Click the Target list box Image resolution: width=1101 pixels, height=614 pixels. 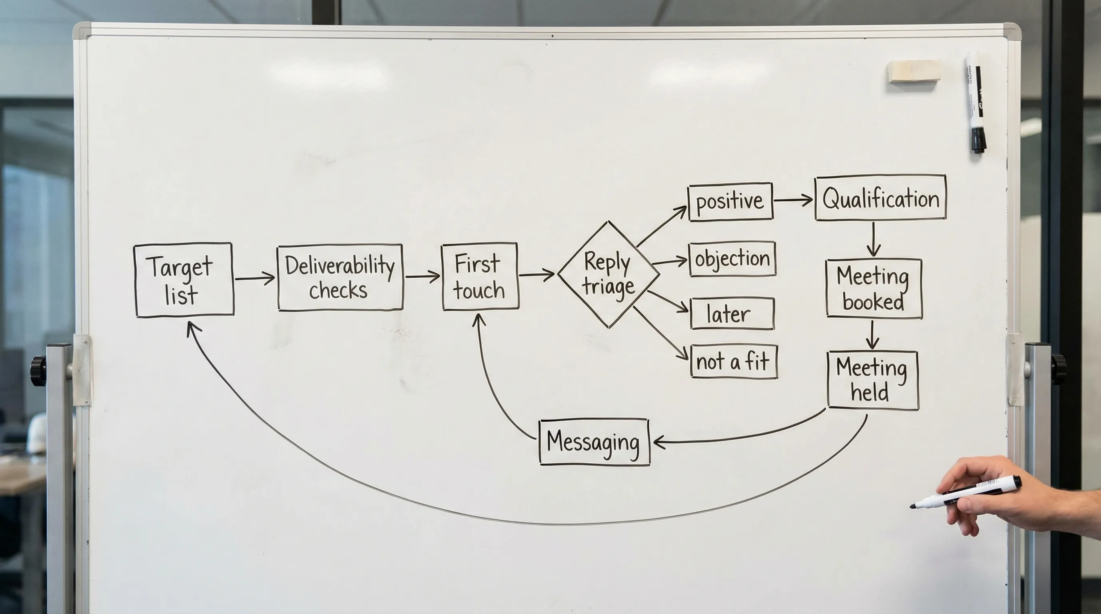tap(184, 280)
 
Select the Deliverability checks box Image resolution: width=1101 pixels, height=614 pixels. tap(340, 277)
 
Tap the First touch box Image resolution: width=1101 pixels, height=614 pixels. tap(480, 277)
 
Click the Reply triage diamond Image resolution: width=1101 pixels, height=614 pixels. tap(608, 275)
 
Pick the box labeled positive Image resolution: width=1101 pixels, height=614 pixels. tap(730, 201)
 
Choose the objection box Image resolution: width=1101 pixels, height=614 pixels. tap(732, 259)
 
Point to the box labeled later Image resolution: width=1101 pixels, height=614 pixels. tap(732, 314)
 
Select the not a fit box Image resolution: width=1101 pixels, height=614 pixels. tap(733, 362)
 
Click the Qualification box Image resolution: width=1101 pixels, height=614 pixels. tap(881, 198)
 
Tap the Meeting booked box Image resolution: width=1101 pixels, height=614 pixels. tap(874, 289)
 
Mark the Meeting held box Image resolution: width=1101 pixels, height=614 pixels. tap(872, 380)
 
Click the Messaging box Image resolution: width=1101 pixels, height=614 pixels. tap(594, 441)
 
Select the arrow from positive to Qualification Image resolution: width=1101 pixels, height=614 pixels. tap(793, 200)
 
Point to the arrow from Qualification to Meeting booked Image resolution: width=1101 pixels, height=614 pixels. tap(873, 239)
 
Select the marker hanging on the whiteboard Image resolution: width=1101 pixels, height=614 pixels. tap(975, 102)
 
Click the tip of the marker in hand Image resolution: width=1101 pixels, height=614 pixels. tap(913, 506)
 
